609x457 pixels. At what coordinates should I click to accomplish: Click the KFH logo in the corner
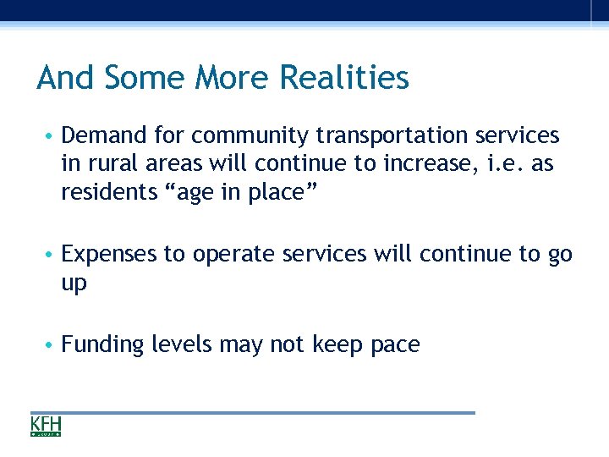tap(46, 426)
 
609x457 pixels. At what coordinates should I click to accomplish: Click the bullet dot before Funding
tap(52, 345)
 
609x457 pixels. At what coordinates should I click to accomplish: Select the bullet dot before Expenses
tap(52, 255)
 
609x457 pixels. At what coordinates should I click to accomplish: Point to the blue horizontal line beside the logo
tap(271, 413)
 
